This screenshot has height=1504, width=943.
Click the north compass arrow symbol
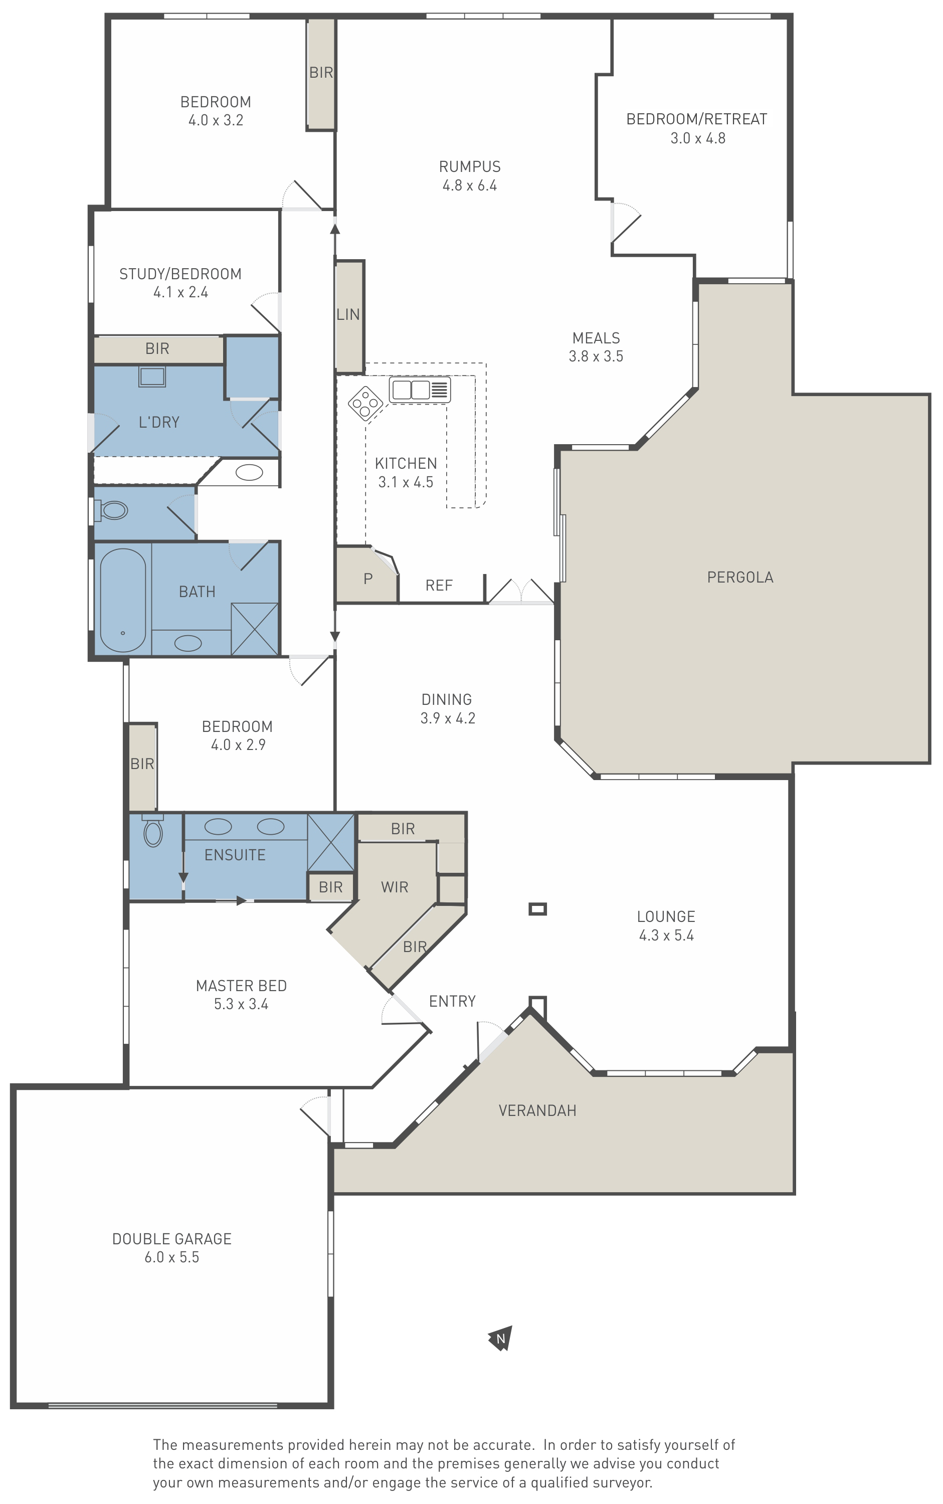500,1338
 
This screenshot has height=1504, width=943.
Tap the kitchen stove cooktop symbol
366,404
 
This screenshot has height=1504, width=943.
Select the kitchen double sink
420,390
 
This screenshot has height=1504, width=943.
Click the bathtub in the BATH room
123,600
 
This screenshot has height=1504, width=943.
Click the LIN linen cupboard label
348,315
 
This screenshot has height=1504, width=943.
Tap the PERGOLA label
740,578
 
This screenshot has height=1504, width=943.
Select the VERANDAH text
537,1110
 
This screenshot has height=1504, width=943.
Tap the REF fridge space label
439,586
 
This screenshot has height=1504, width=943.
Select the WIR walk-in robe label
395,887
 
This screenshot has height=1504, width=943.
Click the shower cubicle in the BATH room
255,629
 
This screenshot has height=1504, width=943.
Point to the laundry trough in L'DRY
152,377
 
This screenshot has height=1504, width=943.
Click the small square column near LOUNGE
537,909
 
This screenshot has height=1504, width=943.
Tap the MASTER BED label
241,986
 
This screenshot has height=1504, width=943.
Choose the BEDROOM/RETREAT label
697,119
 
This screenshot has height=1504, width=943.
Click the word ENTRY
452,1002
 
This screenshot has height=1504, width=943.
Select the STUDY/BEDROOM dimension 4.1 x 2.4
181,292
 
